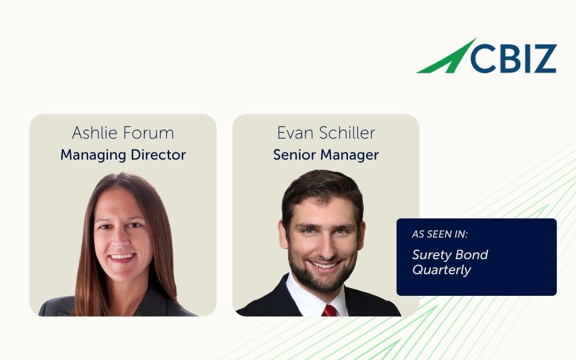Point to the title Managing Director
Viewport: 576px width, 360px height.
click(123, 155)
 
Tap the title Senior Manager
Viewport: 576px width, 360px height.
click(326, 155)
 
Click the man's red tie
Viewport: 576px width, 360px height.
click(329, 310)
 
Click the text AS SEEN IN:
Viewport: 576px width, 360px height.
click(439, 235)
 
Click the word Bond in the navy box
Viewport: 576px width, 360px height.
click(474, 254)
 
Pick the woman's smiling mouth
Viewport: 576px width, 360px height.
click(122, 257)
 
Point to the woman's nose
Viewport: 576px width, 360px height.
click(121, 240)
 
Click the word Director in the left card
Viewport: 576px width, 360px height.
click(158, 155)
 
